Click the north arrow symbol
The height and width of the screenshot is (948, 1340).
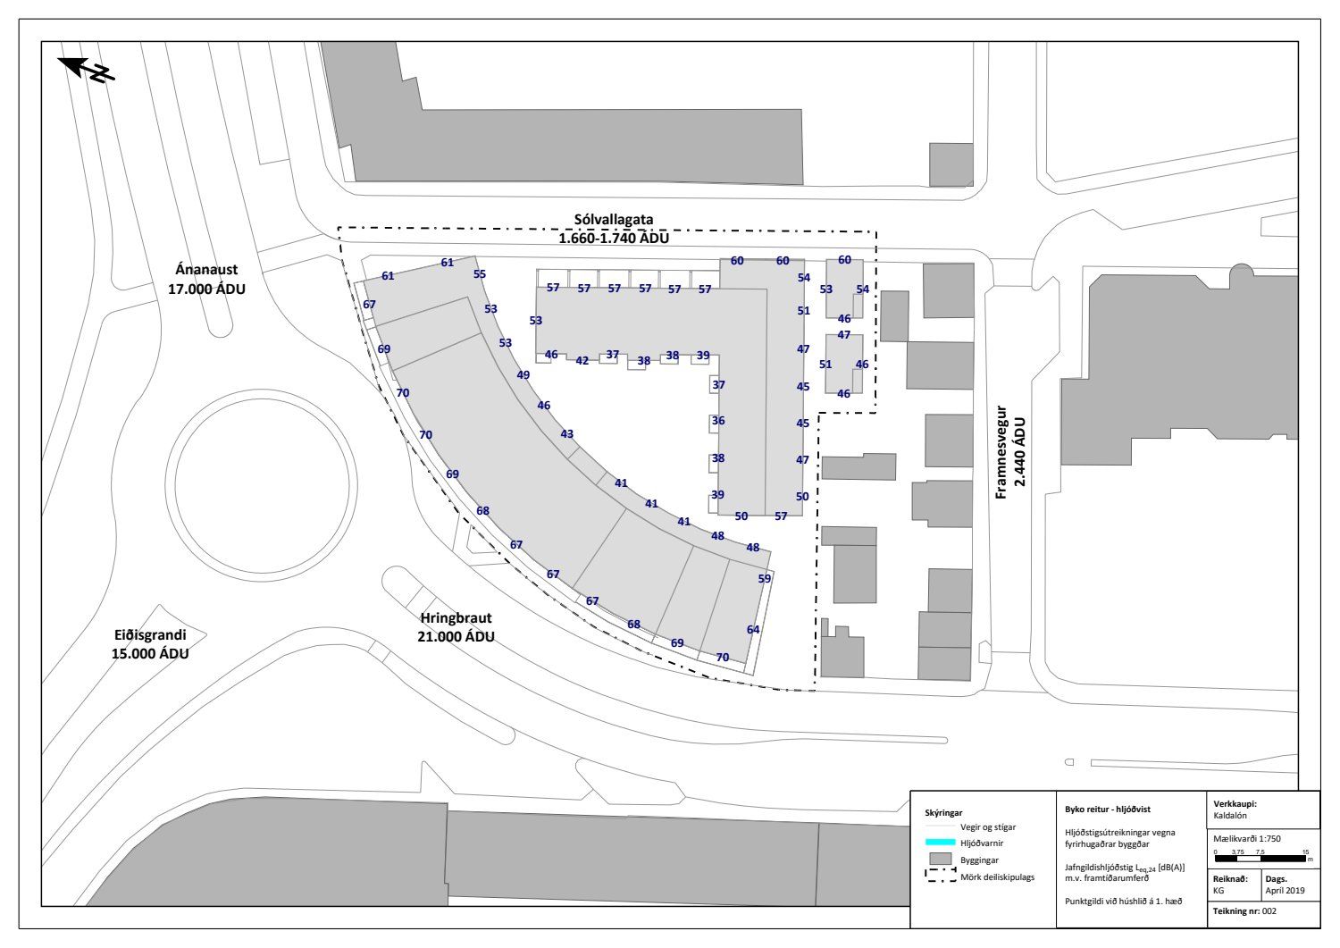(86, 70)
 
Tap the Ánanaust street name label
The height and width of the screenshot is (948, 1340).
(206, 270)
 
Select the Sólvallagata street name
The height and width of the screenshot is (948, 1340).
(614, 220)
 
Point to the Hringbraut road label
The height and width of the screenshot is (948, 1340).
(456, 617)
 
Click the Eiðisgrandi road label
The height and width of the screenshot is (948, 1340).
(150, 634)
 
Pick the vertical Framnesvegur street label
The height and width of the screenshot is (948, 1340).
(1001, 452)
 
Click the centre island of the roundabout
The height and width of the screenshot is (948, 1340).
(262, 485)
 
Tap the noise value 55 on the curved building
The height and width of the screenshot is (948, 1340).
(480, 274)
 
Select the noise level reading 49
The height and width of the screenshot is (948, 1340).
(523, 375)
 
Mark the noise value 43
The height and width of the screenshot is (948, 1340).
(566, 434)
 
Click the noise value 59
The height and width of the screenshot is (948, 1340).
(765, 579)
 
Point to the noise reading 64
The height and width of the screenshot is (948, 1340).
(753, 630)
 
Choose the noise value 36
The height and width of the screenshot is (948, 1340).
(718, 421)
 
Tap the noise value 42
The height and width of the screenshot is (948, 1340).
(582, 361)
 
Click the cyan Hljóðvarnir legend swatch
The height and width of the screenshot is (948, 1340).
(940, 843)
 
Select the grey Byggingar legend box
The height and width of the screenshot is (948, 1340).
(940, 860)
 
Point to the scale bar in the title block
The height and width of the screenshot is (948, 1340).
(1260, 859)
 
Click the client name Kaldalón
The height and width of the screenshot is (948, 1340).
(1230, 815)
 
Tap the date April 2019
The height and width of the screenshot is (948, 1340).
(1285, 891)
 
